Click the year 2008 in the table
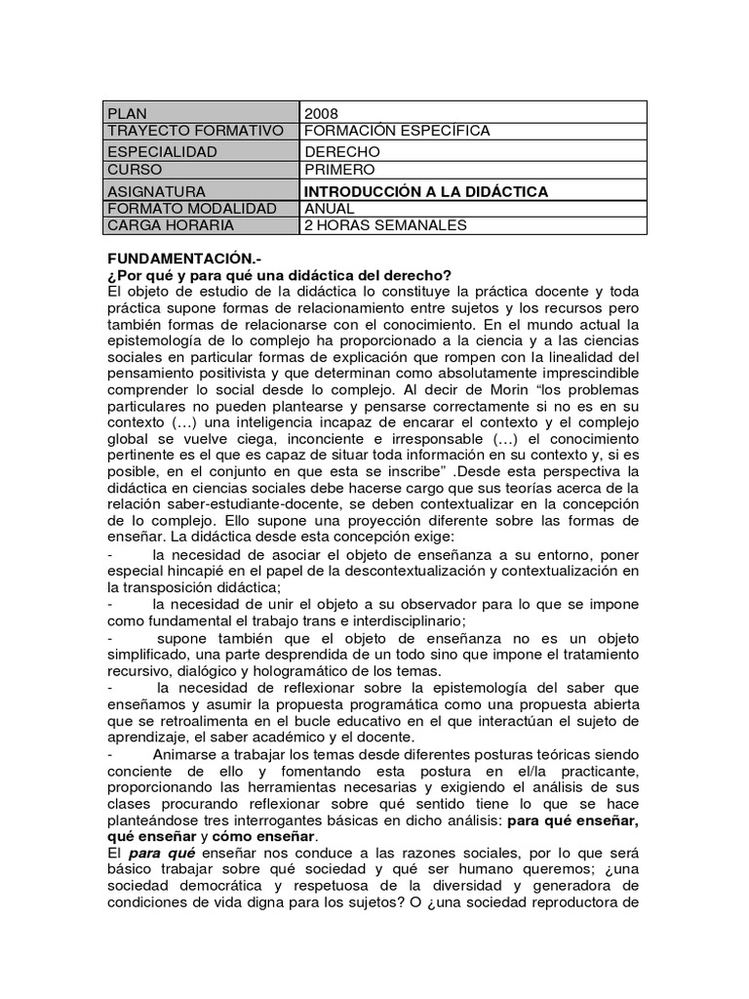(322, 113)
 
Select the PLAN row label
(129, 113)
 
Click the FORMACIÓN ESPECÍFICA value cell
(397, 131)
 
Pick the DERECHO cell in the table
(342, 152)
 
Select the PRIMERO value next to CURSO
(339, 170)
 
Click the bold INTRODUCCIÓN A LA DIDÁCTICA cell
(426, 191)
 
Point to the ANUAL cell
(330, 209)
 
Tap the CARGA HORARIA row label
(172, 225)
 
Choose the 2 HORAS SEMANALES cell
(385, 225)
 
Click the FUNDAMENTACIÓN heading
(177, 262)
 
